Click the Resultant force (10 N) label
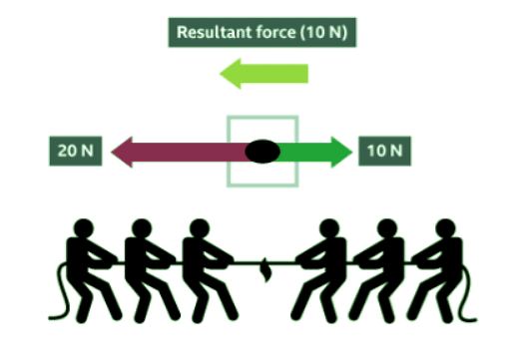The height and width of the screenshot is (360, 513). click(262, 32)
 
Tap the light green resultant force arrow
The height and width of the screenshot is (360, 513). click(264, 74)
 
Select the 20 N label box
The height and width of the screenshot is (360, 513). click(74, 152)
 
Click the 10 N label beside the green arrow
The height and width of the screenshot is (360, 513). click(383, 152)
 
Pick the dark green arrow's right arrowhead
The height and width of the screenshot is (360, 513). click(341, 152)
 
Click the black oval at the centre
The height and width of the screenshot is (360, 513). click(261, 152)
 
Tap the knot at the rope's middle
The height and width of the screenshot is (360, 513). click(263, 267)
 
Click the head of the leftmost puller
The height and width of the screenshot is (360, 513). click(85, 228)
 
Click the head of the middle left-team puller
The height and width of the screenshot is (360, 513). click(141, 228)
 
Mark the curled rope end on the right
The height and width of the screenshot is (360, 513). click(465, 299)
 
